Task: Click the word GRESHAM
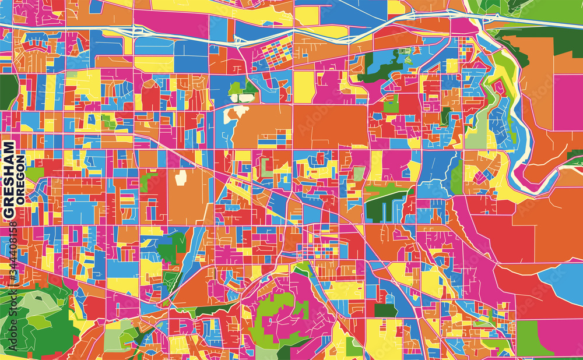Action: [9, 181]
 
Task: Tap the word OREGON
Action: [21, 179]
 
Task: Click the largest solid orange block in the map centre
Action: [330, 125]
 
